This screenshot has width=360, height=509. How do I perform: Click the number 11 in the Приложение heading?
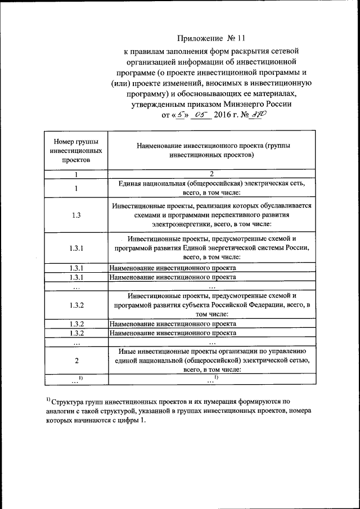(242, 38)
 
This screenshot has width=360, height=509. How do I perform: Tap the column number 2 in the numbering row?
(211, 174)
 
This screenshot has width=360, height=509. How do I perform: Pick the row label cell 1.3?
(76, 215)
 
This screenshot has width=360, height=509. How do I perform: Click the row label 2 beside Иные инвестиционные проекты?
(76, 360)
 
